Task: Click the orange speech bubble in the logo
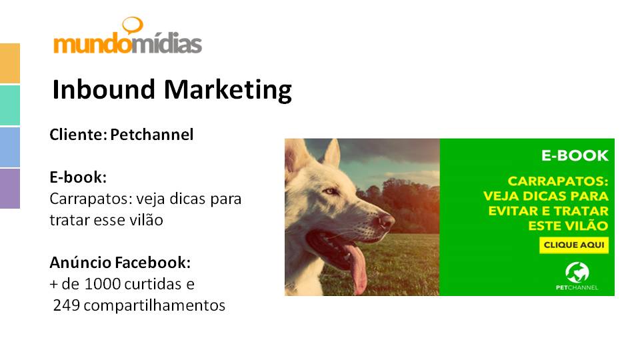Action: click(x=133, y=25)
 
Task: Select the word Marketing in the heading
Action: click(x=228, y=90)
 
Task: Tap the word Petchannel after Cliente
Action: click(x=152, y=134)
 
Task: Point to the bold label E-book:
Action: click(x=78, y=177)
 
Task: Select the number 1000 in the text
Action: click(x=103, y=284)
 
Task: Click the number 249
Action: click(x=67, y=305)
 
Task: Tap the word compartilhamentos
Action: click(x=154, y=305)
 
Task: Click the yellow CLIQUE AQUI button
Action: click(x=574, y=245)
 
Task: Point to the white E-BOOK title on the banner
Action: click(x=575, y=155)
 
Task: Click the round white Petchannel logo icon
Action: click(x=577, y=273)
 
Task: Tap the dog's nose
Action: click(x=386, y=221)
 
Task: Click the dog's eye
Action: click(x=330, y=191)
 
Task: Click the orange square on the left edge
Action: click(x=10, y=63)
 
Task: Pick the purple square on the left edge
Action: click(x=10, y=189)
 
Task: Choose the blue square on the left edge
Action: click(x=10, y=147)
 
